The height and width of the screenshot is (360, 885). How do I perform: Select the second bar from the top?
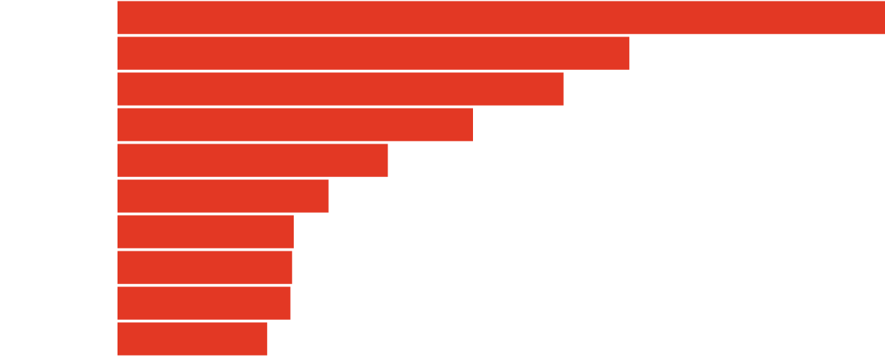pos(373,53)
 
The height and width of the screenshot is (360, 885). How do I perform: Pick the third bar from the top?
pos(340,89)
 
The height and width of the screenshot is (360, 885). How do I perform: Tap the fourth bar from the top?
pos(295,124)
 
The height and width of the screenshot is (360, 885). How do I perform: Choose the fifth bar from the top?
pos(252,160)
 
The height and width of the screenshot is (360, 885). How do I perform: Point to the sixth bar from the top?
pos(222,196)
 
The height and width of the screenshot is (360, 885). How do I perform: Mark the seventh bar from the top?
pos(205,231)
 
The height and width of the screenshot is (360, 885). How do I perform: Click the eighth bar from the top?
pos(205,267)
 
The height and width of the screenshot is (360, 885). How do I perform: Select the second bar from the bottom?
pos(204,303)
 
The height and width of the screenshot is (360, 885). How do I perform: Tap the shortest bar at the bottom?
pos(192,338)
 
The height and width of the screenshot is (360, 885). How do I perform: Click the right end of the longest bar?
pos(882,17)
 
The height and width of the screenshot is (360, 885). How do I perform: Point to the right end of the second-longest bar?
pos(627,53)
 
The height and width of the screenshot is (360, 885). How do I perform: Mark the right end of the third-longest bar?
pos(561,89)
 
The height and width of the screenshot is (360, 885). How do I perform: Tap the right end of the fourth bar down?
pos(470,124)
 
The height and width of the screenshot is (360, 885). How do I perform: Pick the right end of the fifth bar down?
pos(385,160)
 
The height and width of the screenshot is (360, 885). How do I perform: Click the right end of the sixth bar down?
pos(326,196)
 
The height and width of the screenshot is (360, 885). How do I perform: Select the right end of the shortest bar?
pos(265,338)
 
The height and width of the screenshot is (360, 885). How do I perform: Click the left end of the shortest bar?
pos(120,338)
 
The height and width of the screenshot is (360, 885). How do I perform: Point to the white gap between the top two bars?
pos(373,35)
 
